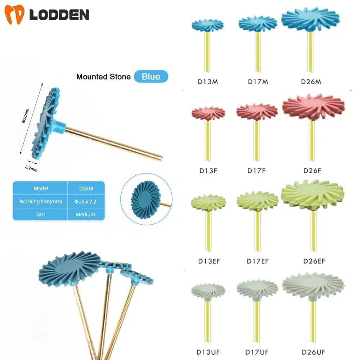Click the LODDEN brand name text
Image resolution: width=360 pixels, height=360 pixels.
click(x=59, y=15)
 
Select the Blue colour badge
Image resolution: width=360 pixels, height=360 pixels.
click(x=151, y=76)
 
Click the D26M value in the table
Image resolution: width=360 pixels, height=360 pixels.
click(x=86, y=188)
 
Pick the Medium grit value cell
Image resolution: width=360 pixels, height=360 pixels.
click(x=85, y=214)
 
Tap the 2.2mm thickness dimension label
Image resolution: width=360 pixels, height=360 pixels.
click(x=31, y=168)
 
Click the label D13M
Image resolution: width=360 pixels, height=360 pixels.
click(x=208, y=82)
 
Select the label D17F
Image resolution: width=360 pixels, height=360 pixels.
click(x=256, y=171)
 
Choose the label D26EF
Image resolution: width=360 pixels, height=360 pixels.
click(x=313, y=261)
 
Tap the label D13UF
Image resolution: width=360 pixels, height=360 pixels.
click(x=208, y=351)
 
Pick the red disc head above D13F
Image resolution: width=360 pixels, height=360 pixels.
click(x=208, y=113)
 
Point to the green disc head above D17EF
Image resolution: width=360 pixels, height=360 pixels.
click(x=257, y=200)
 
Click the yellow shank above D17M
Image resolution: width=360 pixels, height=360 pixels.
click(x=258, y=52)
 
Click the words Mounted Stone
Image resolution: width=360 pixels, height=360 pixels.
click(x=103, y=77)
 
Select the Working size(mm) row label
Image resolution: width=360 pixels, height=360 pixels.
click(x=41, y=201)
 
